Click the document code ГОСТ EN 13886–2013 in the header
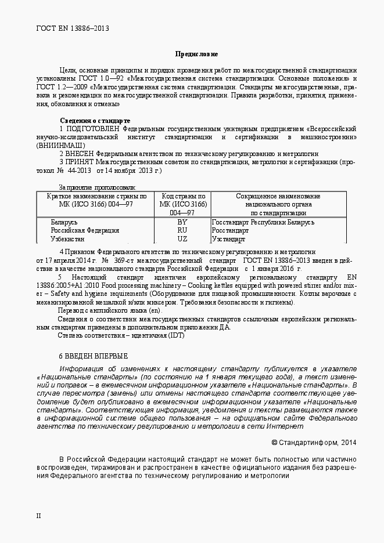(x=73, y=27)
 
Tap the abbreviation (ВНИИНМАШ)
(x=60, y=145)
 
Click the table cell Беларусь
(x=64, y=222)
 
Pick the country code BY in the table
(x=182, y=222)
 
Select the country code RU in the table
(x=182, y=230)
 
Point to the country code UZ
(x=182, y=238)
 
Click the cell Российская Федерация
(x=85, y=230)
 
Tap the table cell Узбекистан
(x=67, y=238)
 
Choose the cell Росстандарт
(x=230, y=230)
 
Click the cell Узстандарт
(x=229, y=238)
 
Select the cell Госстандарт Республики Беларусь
(x=263, y=222)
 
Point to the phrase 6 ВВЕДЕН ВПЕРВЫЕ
(x=94, y=355)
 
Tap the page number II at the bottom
(x=38, y=515)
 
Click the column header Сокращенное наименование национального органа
(x=278, y=204)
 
